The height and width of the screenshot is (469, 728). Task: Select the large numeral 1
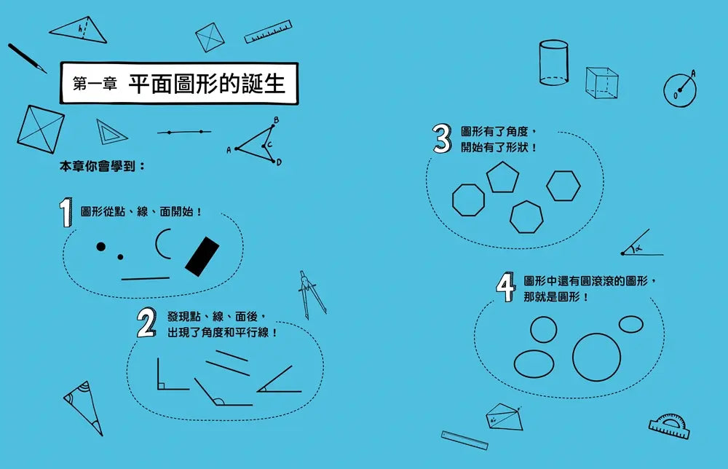click(66, 213)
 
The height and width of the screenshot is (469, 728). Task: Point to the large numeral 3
click(442, 138)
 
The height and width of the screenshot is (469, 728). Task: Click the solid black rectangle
click(202, 256)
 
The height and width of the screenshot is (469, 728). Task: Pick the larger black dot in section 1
click(101, 247)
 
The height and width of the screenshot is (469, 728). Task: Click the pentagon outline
click(503, 178)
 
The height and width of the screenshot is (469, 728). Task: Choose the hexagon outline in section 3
click(563, 186)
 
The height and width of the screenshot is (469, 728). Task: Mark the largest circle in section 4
click(596, 356)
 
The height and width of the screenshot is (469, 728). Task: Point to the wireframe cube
click(602, 83)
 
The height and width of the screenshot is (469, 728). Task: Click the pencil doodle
click(27, 58)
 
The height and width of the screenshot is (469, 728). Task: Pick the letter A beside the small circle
click(693, 74)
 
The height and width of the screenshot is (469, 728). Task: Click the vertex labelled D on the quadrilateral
click(279, 162)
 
